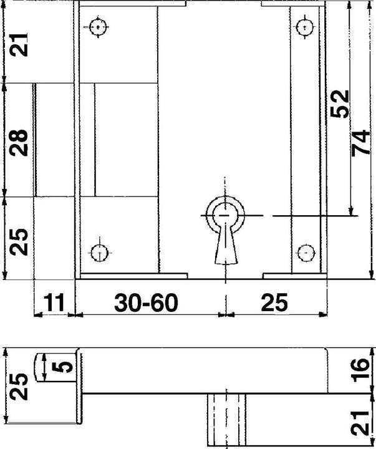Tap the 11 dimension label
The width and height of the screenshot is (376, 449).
click(54, 303)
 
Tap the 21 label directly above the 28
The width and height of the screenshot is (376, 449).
click(19, 45)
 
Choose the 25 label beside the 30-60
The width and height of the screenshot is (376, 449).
click(274, 303)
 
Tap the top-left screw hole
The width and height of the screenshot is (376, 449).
click(98, 27)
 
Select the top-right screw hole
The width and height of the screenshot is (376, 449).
click(305, 27)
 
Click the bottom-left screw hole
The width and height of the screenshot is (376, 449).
click(98, 253)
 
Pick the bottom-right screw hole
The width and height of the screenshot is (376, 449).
click(305, 252)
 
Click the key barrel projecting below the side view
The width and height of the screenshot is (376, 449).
click(225, 419)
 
